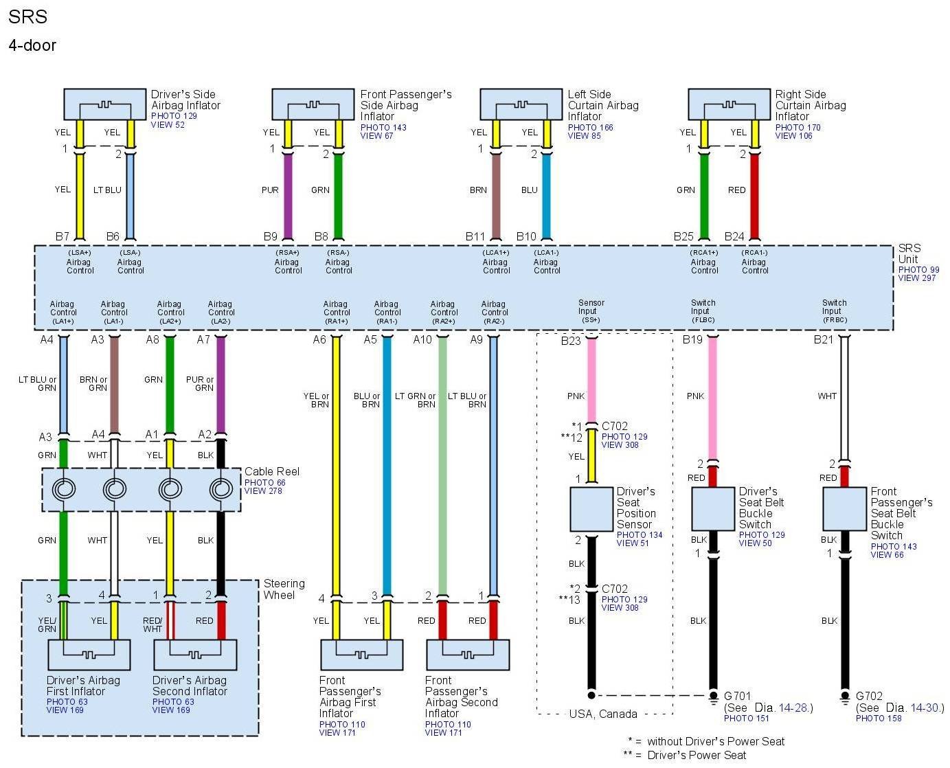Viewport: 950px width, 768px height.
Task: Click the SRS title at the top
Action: pos(27,16)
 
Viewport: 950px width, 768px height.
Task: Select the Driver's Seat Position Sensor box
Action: pos(591,509)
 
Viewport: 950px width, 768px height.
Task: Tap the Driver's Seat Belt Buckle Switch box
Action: pos(712,509)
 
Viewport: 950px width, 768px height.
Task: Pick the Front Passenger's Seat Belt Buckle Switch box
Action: pos(844,509)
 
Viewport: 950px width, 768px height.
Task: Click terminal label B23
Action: pos(570,341)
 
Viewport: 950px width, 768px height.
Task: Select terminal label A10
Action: pos(422,339)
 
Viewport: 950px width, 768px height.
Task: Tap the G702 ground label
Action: pos(869,696)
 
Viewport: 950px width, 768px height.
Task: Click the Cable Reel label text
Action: pos(272,472)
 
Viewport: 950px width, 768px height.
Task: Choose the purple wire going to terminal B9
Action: pos(288,196)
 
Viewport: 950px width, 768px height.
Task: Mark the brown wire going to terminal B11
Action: pos(496,196)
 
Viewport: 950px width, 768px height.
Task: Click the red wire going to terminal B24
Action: pos(754,196)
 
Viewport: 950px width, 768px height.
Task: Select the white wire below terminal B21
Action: pos(844,398)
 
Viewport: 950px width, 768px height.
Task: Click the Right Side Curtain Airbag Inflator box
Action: pos(729,104)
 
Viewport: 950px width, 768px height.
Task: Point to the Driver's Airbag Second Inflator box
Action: pos(195,655)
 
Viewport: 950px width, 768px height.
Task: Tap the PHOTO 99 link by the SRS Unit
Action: pos(918,270)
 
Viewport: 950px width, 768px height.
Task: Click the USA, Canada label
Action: pos(603,714)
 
